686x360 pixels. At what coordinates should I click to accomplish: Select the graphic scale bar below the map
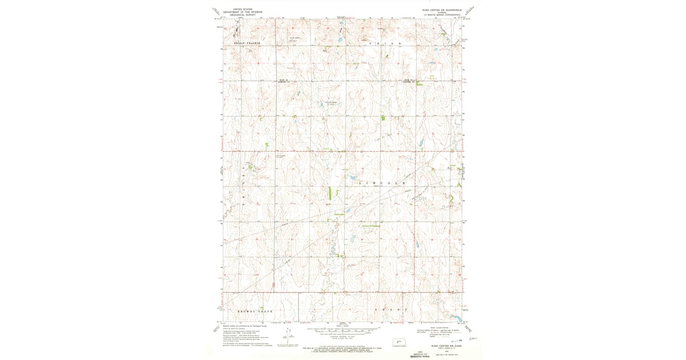click(343, 331)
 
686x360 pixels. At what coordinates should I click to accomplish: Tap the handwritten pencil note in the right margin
click(473, 338)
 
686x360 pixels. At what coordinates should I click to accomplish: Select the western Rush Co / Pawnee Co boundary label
click(285, 81)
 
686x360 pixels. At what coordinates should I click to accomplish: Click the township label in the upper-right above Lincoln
click(385, 43)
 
